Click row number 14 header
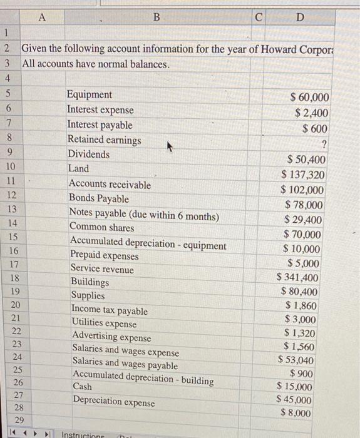[13, 223]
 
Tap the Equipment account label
[90, 95]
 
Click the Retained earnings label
[104, 140]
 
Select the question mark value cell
[324, 145]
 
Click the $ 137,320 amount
[303, 175]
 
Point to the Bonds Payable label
[99, 199]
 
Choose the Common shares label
[101, 227]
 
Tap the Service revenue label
[102, 269]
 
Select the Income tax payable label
[110, 310]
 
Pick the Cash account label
[82, 387]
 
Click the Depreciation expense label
[113, 402]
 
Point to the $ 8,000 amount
[296, 413]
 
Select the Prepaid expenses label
[104, 256]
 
